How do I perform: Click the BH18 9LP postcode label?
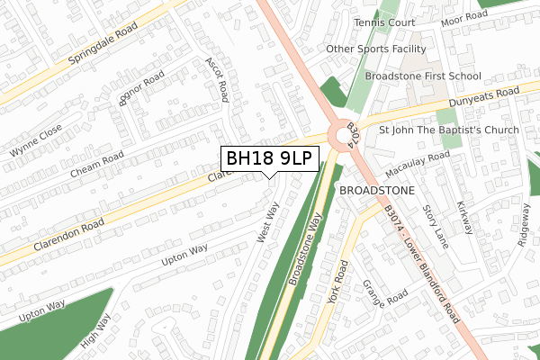[268, 158]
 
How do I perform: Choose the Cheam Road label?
[96, 166]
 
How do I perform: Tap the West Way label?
[268, 221]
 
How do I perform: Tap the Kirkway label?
[464, 217]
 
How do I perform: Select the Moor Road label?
[465, 17]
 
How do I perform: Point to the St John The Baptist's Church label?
[449, 130]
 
